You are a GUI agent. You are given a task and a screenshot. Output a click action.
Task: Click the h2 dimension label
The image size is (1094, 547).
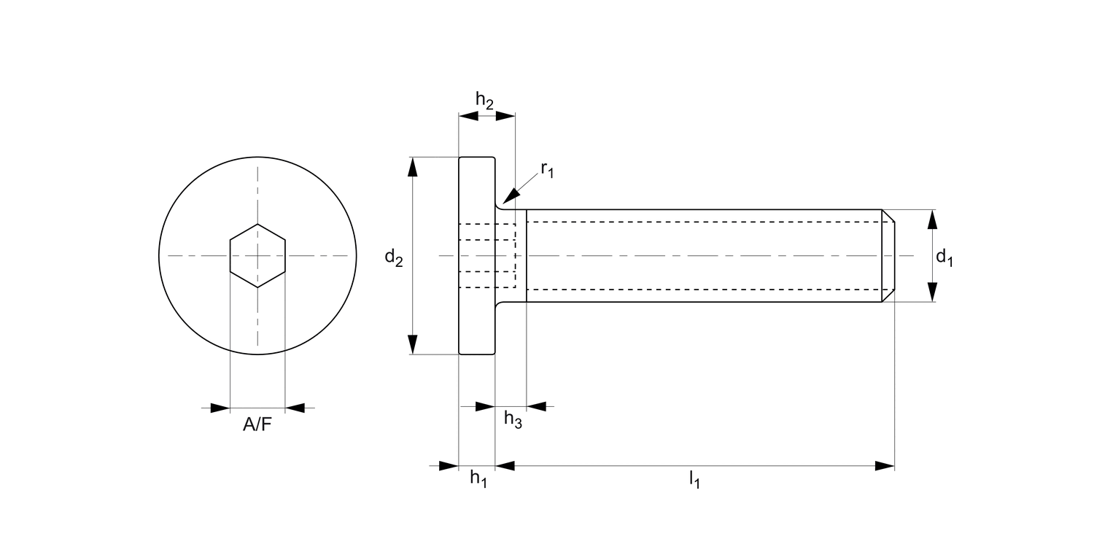click(485, 100)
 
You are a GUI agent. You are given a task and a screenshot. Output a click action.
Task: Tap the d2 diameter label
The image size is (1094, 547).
click(394, 257)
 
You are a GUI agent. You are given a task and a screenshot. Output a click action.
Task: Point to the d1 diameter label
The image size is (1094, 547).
click(944, 257)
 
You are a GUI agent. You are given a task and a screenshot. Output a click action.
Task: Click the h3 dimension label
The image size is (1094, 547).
click(513, 420)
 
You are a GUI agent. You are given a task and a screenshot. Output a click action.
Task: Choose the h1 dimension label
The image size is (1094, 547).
click(478, 478)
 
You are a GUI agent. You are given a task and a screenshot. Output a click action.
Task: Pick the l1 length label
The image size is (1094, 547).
click(694, 480)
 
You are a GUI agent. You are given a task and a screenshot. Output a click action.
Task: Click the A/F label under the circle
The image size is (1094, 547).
click(257, 425)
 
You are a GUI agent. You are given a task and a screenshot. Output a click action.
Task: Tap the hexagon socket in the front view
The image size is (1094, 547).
click(257, 256)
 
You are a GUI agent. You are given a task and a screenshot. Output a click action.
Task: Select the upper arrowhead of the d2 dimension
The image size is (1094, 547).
click(413, 167)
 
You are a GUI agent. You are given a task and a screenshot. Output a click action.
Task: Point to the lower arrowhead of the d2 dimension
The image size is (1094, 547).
click(413, 344)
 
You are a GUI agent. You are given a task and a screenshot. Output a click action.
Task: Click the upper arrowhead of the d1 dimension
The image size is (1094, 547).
click(932, 220)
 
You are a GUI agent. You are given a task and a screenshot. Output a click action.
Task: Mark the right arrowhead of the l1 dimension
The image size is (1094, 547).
click(885, 465)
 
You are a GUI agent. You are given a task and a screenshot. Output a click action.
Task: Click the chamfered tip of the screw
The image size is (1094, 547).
click(888, 256)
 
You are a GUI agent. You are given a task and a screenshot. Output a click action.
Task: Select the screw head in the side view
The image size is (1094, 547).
click(477, 256)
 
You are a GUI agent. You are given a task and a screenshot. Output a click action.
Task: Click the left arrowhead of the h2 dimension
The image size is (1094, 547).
click(468, 115)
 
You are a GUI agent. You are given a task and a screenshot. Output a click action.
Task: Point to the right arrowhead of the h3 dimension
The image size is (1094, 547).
click(535, 406)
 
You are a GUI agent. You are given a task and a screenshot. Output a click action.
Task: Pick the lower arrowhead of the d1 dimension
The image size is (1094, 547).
click(932, 292)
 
